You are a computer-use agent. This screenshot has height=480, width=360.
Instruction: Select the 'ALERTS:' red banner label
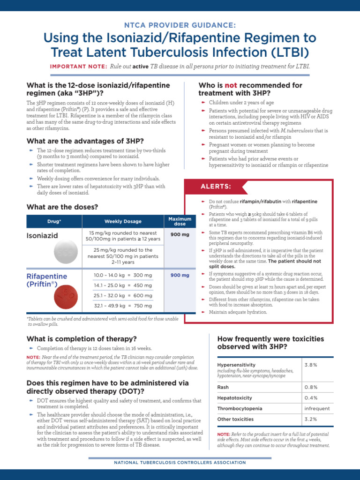pos(216,187)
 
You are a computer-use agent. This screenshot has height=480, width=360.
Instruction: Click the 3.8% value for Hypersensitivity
pos(311,364)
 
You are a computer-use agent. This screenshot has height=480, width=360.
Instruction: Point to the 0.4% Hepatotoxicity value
pos(311,398)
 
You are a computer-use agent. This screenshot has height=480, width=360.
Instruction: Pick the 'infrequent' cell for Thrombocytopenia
pos(317,409)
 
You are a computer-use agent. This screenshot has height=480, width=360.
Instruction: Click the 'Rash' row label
pos(223,387)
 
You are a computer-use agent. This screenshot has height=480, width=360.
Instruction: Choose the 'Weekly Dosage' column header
pos(123,221)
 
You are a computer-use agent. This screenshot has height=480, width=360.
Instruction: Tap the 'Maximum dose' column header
pos(180,221)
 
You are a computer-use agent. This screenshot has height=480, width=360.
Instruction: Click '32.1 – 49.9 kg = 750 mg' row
pos(123,306)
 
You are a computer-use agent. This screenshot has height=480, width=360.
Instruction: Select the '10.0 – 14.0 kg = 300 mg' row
pos(123,275)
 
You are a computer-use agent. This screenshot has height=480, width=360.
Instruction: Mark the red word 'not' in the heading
pos(231,85)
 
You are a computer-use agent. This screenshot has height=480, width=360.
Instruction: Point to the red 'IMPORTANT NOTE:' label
pos(78,67)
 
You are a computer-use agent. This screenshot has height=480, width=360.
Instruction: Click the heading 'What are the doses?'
pos(62,207)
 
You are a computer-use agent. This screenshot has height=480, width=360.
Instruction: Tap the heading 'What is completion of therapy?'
pos(82,338)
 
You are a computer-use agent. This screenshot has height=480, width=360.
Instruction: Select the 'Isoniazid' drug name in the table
pos(42,236)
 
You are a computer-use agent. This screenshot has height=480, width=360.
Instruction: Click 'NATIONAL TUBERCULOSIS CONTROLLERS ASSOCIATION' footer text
pos(180,463)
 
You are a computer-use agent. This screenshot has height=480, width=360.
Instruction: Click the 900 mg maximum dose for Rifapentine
pos(180,275)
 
